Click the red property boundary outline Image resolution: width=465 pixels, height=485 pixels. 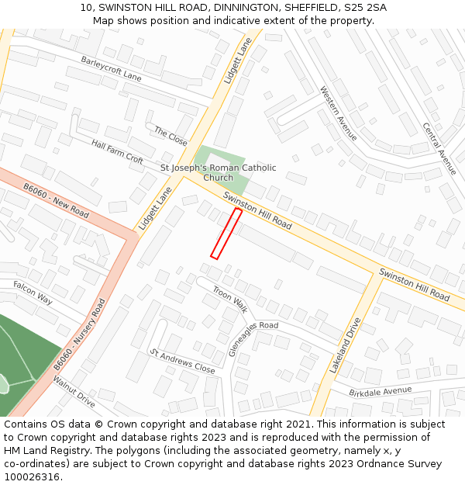tap(226, 233)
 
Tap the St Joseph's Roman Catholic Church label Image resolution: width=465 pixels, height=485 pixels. tap(218, 172)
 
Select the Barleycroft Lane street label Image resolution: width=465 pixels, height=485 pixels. tap(111, 68)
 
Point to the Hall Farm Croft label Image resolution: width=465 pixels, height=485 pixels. tap(117, 151)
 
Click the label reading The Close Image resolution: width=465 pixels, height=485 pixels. tap(170, 136)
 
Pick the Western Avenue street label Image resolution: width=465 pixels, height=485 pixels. tap(339, 113)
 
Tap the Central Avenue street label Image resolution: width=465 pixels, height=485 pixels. tap(439, 148)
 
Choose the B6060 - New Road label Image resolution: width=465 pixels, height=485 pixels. tap(56, 200)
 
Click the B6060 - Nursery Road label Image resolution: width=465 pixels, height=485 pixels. tap(79, 333)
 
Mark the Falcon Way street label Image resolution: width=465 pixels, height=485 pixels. tap(33, 293)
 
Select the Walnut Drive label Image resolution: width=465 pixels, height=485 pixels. tap(74, 393)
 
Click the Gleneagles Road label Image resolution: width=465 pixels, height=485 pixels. tap(253, 338)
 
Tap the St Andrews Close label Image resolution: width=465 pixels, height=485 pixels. tap(183, 362)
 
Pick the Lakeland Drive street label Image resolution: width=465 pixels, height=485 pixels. tap(345, 345)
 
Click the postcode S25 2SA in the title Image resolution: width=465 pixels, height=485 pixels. tap(366, 8)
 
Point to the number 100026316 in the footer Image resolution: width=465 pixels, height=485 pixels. tap(31, 476)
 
